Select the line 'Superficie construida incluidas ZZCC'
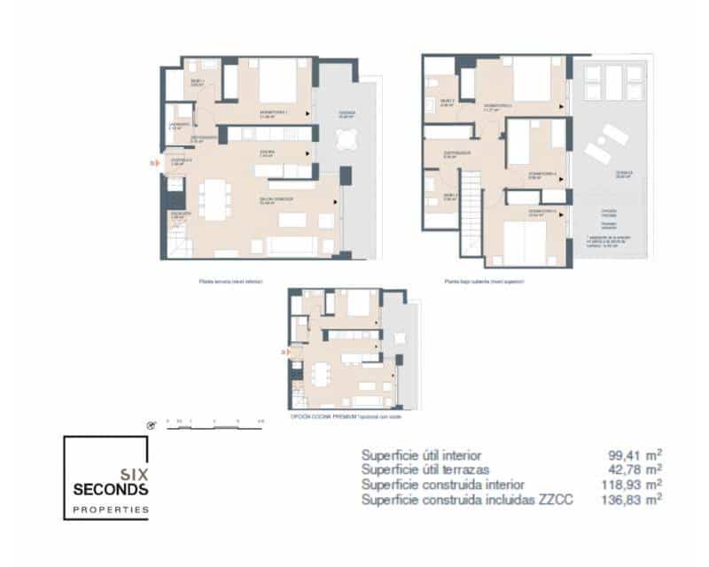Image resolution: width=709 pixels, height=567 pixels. tap(467, 501)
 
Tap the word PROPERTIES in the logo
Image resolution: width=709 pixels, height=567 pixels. tap(110, 510)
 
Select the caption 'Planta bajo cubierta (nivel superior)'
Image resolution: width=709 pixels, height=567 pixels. tap(485, 282)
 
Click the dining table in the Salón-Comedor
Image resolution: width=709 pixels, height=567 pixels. tap(213, 198)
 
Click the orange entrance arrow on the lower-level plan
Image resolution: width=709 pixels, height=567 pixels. tap(154, 163)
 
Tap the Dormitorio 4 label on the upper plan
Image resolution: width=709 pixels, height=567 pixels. tap(541, 175)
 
